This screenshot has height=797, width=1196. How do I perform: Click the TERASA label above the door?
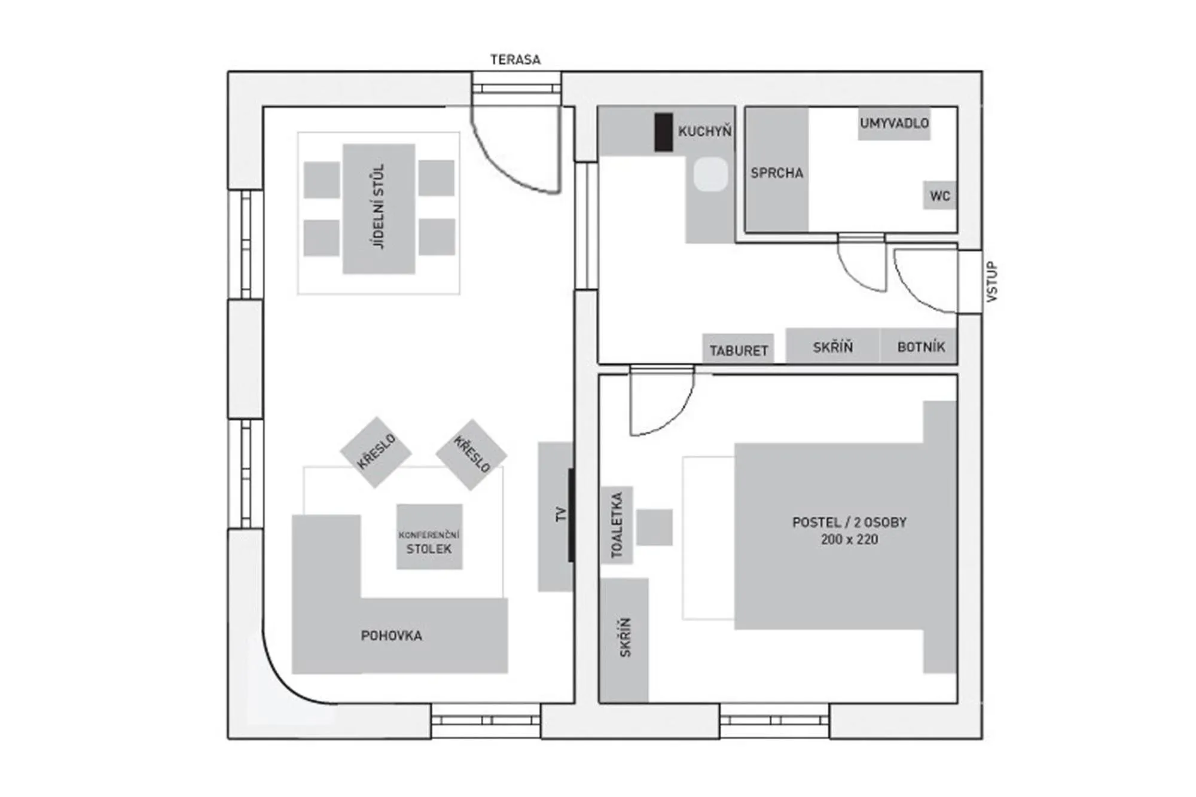point(515,60)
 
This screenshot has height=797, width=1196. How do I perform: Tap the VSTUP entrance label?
point(991,282)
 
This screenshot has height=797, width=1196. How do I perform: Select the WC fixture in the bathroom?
point(939,196)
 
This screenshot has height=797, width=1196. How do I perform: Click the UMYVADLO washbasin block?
point(894,124)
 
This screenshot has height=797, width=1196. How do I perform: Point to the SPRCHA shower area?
point(777,172)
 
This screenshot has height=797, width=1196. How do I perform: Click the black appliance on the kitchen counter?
point(663,132)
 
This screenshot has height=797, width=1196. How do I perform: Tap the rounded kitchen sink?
point(711,174)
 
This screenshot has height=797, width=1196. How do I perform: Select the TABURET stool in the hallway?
point(738,350)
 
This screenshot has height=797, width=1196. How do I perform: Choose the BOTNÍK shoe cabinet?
point(920,347)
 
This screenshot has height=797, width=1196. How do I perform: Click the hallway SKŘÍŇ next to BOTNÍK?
point(832,347)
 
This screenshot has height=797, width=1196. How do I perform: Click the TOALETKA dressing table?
point(617,525)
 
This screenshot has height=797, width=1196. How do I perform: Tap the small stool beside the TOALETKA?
point(654,527)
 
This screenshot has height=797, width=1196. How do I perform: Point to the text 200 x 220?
point(849,539)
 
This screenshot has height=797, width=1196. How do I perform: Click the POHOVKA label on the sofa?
point(392,636)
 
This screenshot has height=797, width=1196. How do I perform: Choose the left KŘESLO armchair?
point(376,452)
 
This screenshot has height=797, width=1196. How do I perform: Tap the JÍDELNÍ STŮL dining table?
point(379,208)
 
